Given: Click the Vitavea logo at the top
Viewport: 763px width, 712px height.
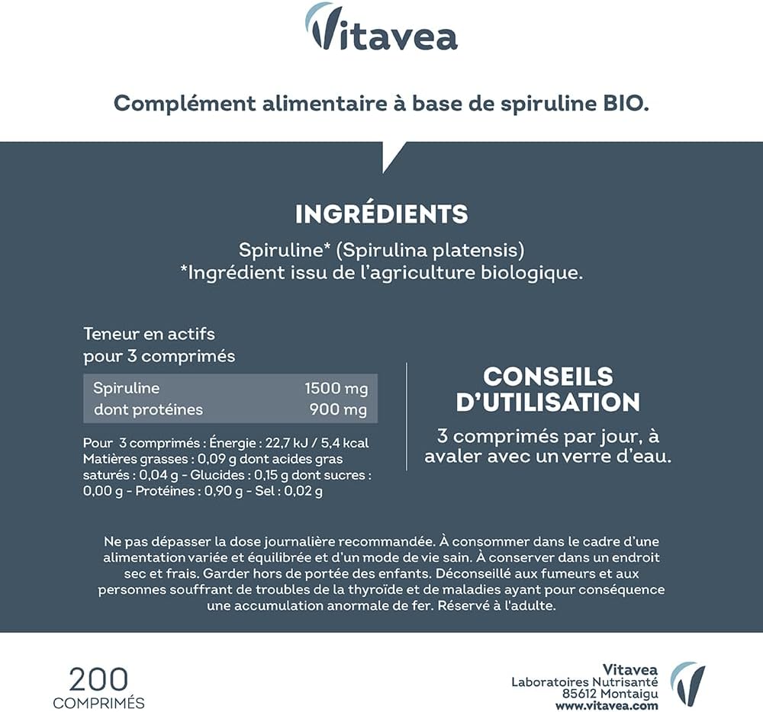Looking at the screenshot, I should pyautogui.click(x=381, y=28).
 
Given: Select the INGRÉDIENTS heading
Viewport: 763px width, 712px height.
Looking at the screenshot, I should pyautogui.click(x=381, y=213).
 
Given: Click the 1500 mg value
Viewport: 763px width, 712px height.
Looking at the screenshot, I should pyautogui.click(x=336, y=388).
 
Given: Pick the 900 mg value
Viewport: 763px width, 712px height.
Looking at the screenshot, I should pyautogui.click(x=338, y=409).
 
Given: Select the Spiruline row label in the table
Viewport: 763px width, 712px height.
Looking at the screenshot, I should pyautogui.click(x=127, y=388).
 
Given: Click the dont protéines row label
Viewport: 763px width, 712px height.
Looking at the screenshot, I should pyautogui.click(x=148, y=409).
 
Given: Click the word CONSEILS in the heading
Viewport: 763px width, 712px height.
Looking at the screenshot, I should pyautogui.click(x=548, y=376).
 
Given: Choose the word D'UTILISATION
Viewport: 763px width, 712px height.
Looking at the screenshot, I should pyautogui.click(x=548, y=402).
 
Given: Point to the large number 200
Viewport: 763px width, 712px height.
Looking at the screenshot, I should pyautogui.click(x=98, y=678).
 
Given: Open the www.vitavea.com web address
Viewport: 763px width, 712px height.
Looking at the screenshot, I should pyautogui.click(x=607, y=706).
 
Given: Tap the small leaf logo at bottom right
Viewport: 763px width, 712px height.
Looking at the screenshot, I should pyautogui.click(x=687, y=683).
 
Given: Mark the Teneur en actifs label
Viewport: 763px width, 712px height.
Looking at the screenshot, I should pyautogui.click(x=149, y=334).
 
